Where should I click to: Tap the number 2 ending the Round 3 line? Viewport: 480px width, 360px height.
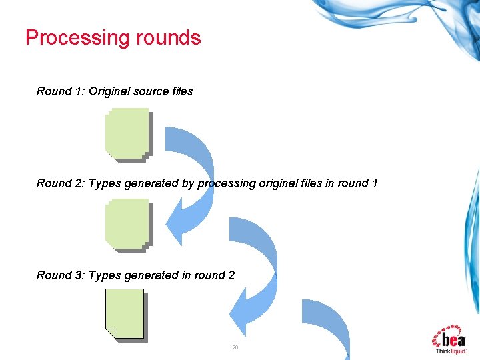(231, 275)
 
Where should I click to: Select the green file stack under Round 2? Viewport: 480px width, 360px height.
(127, 225)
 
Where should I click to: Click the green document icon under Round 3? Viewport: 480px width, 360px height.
(125, 314)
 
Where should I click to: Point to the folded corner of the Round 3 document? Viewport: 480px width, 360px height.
(110, 333)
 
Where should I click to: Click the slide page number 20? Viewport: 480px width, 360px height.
(235, 348)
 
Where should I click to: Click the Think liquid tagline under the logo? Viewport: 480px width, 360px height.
(451, 350)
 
